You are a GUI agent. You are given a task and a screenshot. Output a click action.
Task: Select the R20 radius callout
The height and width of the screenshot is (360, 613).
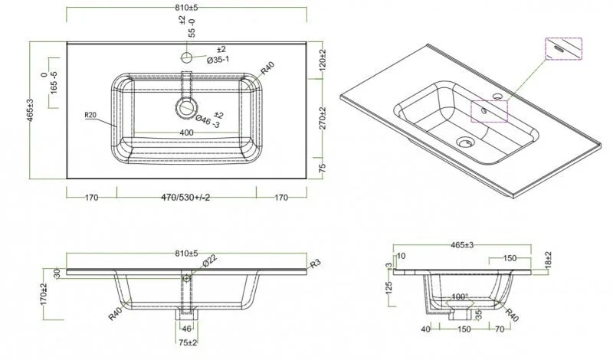[x=92, y=116]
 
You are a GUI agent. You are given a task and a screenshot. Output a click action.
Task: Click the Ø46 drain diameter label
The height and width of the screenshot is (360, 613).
[x=208, y=120]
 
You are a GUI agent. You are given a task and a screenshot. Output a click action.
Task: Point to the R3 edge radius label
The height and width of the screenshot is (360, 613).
[x=315, y=263]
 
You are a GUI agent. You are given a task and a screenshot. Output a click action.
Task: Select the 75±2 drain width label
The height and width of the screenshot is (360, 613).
[x=188, y=342]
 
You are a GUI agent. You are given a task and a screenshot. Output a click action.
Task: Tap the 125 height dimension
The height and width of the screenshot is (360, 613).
[x=389, y=287]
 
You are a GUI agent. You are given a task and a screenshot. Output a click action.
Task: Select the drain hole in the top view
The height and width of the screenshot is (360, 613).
[x=185, y=108]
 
